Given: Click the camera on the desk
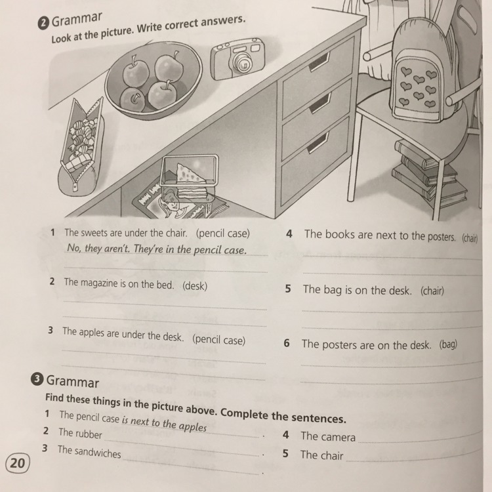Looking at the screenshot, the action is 237,58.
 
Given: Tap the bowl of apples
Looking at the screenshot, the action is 153,81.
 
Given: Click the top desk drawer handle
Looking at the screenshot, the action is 319,62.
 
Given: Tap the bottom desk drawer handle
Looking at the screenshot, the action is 318,143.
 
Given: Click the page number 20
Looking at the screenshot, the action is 18,463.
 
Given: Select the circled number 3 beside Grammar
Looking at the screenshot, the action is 37,379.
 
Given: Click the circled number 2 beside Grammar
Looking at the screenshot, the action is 43,24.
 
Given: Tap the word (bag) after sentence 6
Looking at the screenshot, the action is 448,345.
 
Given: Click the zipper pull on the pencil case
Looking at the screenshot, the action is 75,187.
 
